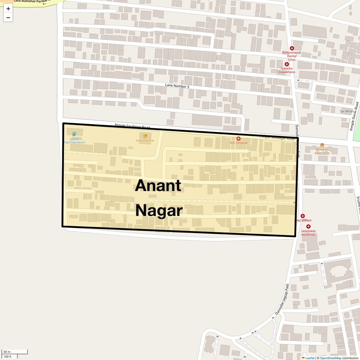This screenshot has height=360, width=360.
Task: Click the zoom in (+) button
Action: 8,9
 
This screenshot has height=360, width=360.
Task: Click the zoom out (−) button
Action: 8,17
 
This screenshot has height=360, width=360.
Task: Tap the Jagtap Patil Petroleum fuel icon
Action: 74,134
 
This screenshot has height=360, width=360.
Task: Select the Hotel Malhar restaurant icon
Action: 145,136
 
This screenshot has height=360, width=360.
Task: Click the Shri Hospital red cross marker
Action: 238,138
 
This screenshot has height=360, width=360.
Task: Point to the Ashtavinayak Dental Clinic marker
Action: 292,48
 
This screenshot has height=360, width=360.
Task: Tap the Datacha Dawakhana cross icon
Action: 287,64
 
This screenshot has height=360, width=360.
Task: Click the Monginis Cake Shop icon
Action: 322,145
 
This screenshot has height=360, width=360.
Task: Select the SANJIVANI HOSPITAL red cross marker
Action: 308,226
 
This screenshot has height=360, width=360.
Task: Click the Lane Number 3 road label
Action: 177,86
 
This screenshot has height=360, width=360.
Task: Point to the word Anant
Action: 158,185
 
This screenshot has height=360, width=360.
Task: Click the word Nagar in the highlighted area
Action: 159,211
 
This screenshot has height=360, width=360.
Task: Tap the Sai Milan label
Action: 347,111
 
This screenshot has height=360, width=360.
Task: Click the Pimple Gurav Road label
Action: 354,116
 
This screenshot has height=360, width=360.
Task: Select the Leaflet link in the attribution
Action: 310,358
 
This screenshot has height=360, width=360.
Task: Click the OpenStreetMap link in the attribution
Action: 330,358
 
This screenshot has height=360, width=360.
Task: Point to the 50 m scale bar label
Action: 7,352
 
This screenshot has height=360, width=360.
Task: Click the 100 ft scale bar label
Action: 8,357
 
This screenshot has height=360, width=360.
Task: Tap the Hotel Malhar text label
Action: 145,141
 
